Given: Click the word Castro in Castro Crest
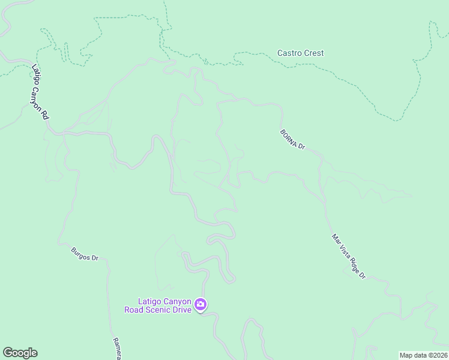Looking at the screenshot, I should point(289,53).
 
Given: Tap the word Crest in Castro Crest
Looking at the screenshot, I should point(313,53).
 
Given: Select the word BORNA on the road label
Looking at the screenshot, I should point(289,137).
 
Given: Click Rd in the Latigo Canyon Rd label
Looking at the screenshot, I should point(45,113).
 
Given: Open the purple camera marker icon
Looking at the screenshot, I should point(200,305).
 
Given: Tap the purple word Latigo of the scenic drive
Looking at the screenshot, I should point(149,301).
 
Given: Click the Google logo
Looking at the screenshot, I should point(20,353).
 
